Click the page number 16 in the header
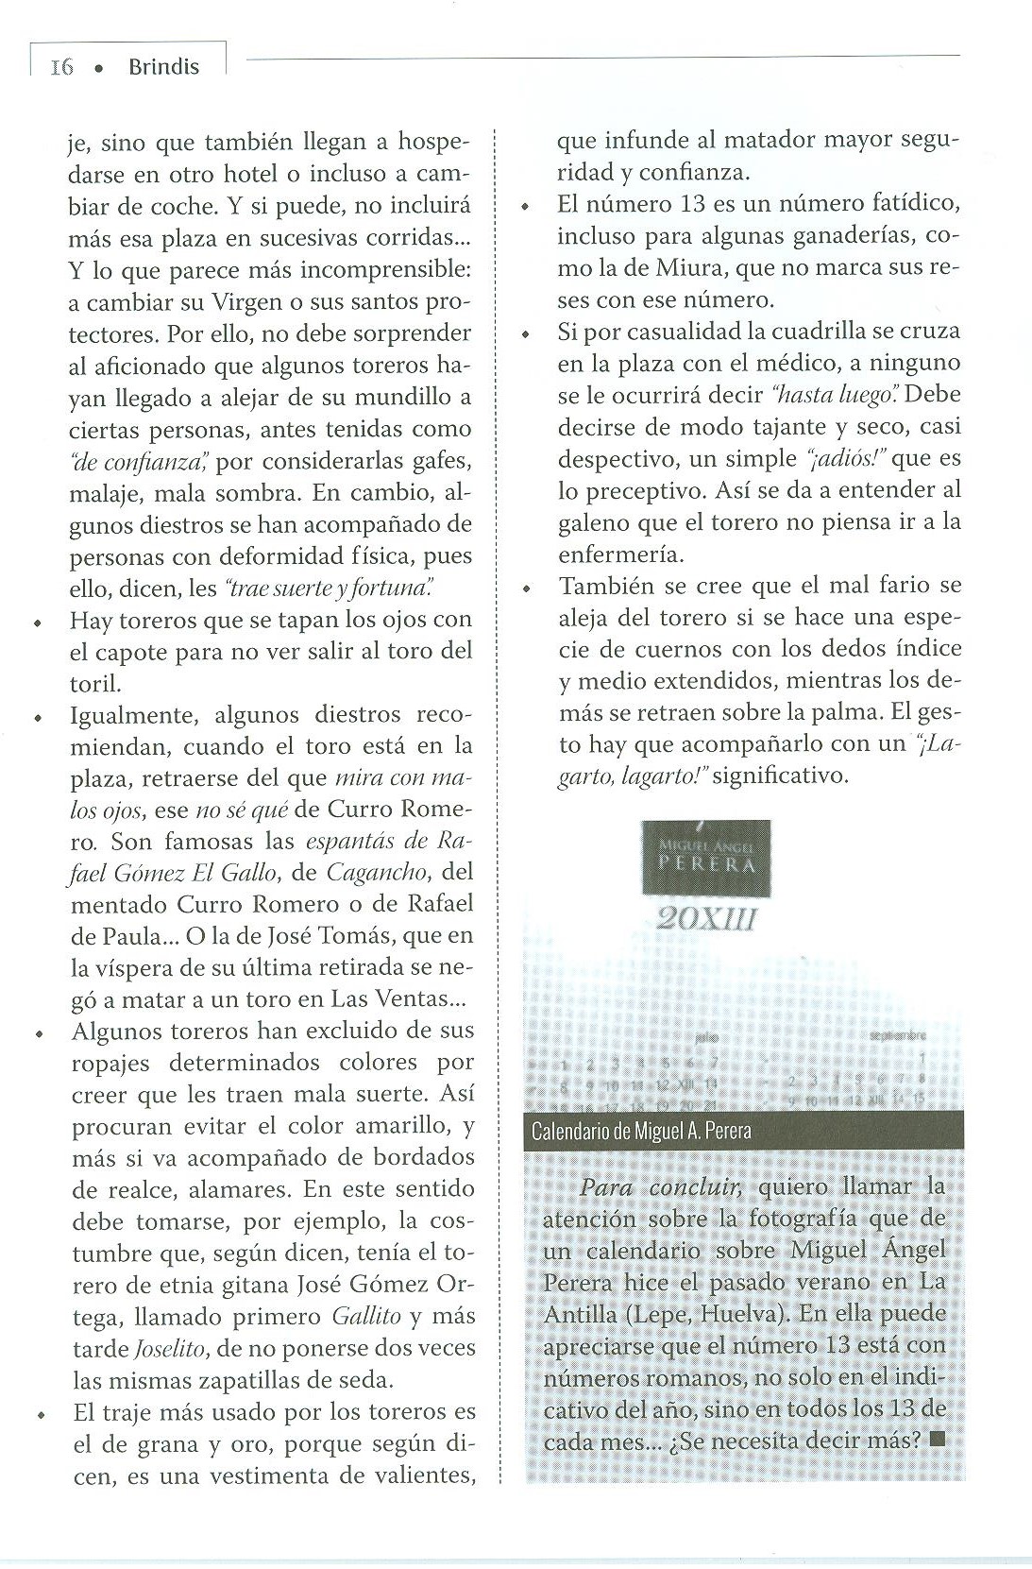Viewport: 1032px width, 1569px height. (x=62, y=67)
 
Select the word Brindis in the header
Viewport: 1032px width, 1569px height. (x=163, y=67)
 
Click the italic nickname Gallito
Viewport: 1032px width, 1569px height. (x=366, y=1316)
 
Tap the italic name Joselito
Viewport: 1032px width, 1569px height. (x=161, y=1348)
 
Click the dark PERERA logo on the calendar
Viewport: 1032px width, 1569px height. (x=705, y=859)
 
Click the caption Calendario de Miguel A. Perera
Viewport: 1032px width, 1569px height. (x=641, y=1131)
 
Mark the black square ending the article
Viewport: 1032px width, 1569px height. (x=936, y=1441)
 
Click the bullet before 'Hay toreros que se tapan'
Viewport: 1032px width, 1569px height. (x=37, y=622)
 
